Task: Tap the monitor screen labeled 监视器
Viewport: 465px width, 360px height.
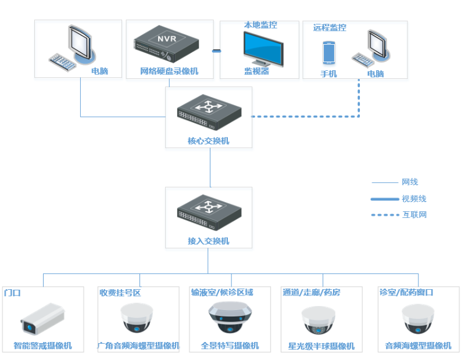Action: (263, 47)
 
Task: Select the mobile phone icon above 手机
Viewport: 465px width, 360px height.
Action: (329, 53)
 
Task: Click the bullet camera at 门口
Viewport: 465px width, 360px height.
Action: (41, 319)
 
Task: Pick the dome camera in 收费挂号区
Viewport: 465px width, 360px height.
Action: (137, 318)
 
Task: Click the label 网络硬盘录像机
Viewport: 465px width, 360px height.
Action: (169, 71)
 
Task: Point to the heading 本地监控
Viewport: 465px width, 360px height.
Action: (260, 25)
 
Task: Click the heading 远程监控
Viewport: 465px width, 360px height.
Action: (330, 27)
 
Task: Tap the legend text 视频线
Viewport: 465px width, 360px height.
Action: (414, 199)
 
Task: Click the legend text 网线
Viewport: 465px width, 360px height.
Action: (410, 182)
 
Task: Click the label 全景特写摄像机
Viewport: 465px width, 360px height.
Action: (230, 346)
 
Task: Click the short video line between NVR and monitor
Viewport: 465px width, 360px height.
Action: (216, 51)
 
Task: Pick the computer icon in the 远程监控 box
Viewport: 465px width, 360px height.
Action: (372, 49)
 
